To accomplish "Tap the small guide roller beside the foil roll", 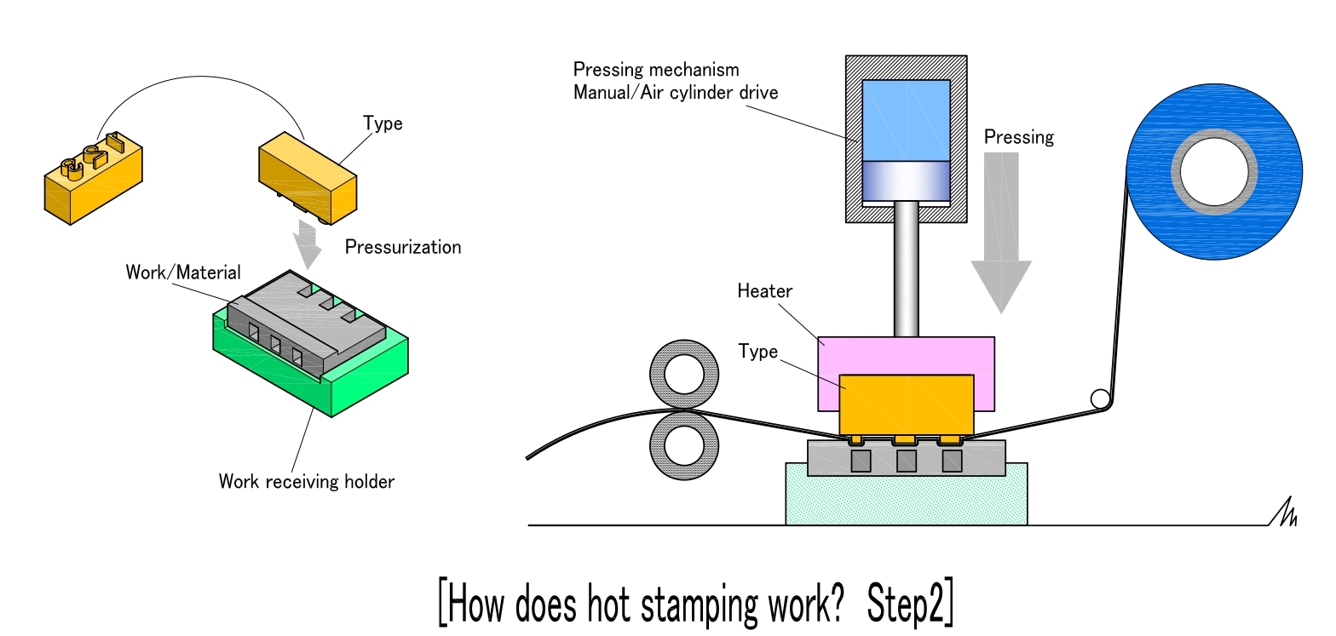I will click(1099, 398).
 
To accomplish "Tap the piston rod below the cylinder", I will click(906, 268).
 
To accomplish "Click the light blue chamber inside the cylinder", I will click(906, 119).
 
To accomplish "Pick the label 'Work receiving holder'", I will click(307, 482).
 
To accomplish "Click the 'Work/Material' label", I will click(183, 273).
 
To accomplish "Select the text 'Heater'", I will click(764, 291).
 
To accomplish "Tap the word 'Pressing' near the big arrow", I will click(1018, 136).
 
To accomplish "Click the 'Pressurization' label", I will click(403, 248).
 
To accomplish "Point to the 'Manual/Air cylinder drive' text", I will click(676, 92).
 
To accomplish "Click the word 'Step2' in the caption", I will click(909, 603).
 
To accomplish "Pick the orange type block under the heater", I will click(906, 404).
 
